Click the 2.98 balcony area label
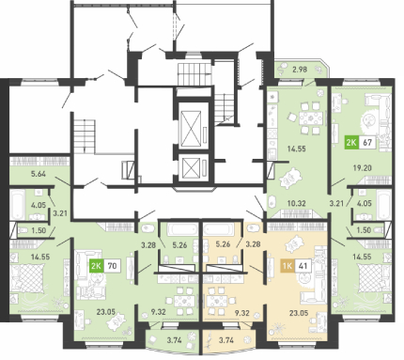(300, 70)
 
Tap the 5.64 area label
(39, 174)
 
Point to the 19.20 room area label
(362, 168)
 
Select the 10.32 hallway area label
(296, 203)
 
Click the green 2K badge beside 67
(351, 143)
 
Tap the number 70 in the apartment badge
(112, 266)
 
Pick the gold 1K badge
(287, 266)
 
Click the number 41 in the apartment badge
(303, 266)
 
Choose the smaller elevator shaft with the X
(191, 168)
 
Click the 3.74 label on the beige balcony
(226, 340)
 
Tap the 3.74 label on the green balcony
(174, 340)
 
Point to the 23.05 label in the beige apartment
(299, 313)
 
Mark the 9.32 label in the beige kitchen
(241, 313)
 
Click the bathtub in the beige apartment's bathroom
(218, 229)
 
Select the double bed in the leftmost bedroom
(27, 279)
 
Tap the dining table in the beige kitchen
(218, 301)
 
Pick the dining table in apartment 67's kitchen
(310, 118)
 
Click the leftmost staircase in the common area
(85, 136)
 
